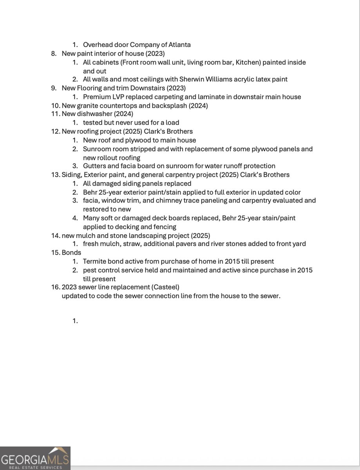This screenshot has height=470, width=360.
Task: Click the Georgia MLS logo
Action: pyautogui.click(x=35, y=458)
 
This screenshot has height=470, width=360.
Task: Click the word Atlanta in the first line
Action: pyautogui.click(x=179, y=45)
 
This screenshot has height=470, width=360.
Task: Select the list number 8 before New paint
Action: pyautogui.click(x=54, y=53)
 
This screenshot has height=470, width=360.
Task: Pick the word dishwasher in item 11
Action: pyautogui.click(x=94, y=114)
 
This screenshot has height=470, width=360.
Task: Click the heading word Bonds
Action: pyautogui.click(x=71, y=252)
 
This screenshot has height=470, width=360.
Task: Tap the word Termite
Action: pyautogui.click(x=94, y=261)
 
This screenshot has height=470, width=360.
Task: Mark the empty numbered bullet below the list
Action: pyautogui.click(x=75, y=321)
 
